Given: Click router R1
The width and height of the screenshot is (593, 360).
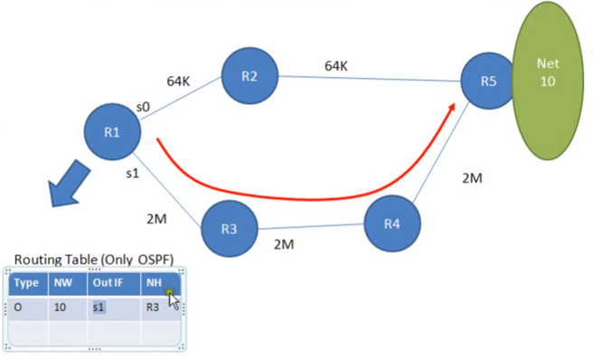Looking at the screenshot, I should [113, 131].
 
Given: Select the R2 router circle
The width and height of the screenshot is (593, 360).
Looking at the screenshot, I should [250, 76].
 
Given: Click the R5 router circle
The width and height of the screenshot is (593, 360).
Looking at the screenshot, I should [489, 81].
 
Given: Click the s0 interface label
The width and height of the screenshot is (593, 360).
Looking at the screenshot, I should [143, 106].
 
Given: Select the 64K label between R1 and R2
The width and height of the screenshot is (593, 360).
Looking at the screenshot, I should [178, 81].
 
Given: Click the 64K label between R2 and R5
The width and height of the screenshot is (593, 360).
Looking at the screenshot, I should [336, 66].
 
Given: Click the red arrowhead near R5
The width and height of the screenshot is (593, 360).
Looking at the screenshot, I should [449, 111].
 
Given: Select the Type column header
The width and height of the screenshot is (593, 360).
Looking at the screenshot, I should [28, 283].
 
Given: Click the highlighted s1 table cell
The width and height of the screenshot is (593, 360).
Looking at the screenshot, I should [99, 308].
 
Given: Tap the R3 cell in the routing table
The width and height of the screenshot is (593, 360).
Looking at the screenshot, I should [156, 308].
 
